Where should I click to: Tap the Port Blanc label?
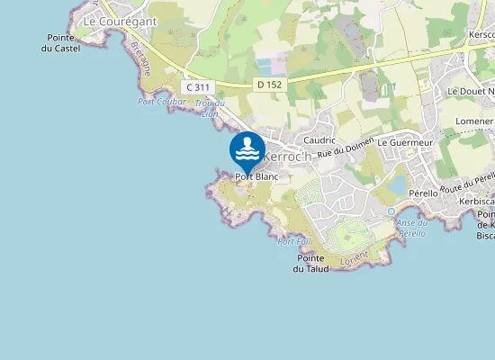(x=256, y=177)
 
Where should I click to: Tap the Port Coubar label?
(x=162, y=102)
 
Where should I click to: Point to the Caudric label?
(x=319, y=140)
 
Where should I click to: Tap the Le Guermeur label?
(x=405, y=142)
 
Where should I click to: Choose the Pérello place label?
(x=423, y=193)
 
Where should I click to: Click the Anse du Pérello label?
(x=411, y=228)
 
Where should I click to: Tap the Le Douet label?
(x=469, y=92)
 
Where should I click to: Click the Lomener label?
(x=475, y=120)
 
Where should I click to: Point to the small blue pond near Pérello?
(x=397, y=184)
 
